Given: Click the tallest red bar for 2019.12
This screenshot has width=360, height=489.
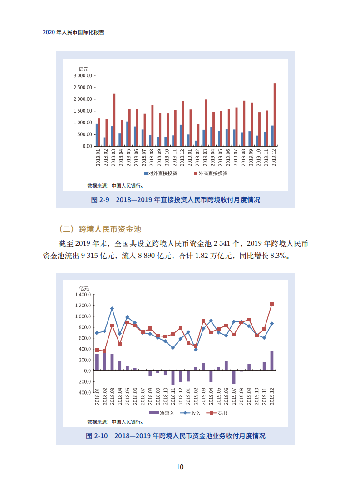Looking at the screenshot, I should tap(275, 114).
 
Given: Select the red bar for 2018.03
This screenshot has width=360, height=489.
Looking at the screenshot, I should tap(114, 119).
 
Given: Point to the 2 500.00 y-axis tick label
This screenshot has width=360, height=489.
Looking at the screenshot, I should tap(83, 87).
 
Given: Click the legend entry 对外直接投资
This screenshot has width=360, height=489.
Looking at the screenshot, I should tap(162, 173).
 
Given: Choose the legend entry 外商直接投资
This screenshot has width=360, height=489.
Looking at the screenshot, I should tap(211, 173).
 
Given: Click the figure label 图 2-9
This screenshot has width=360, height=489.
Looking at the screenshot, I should tap(100, 200).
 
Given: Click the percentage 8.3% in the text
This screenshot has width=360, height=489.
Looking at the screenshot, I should tap(278, 256).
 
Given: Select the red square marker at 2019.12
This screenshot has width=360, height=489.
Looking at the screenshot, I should tap(272, 304).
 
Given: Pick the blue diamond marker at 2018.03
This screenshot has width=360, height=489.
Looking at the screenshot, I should tap(112, 309).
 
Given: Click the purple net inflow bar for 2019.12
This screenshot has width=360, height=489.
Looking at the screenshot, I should tap(272, 361).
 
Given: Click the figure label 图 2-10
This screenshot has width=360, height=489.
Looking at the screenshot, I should tap(97, 436).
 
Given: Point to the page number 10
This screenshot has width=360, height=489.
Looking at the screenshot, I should tap(180, 467).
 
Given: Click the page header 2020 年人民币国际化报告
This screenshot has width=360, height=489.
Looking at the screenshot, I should tap(74, 33).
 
